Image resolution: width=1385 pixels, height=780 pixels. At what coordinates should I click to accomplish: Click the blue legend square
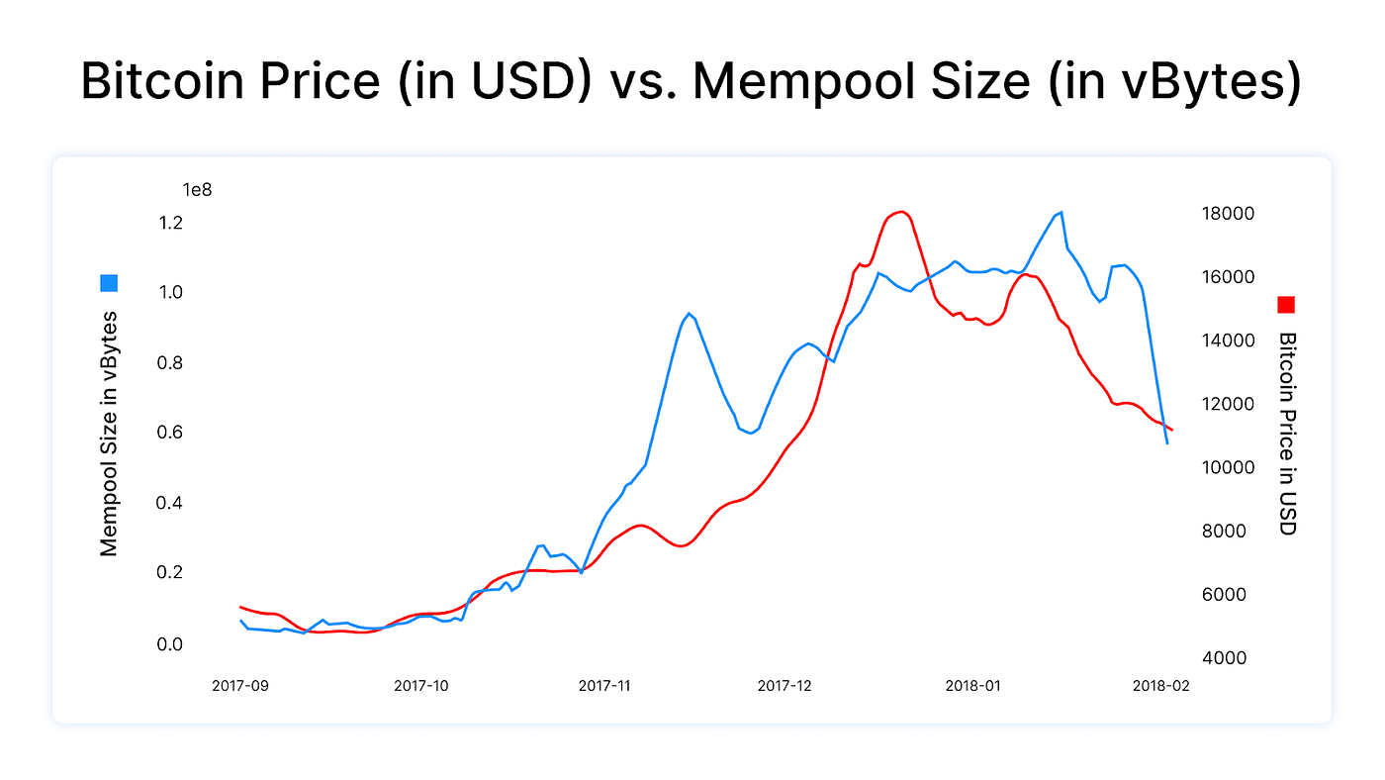click(109, 283)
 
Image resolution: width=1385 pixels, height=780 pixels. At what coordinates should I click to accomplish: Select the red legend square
click(1286, 305)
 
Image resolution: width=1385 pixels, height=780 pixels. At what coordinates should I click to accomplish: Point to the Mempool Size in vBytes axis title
click(109, 434)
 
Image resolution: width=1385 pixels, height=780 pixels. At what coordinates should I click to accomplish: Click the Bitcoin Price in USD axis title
click(1286, 434)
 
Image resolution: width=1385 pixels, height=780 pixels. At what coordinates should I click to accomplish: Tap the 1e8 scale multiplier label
click(197, 189)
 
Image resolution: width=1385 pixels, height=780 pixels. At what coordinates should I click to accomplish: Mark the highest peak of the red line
click(900, 212)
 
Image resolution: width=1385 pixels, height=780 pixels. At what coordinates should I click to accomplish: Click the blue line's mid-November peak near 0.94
click(689, 314)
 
